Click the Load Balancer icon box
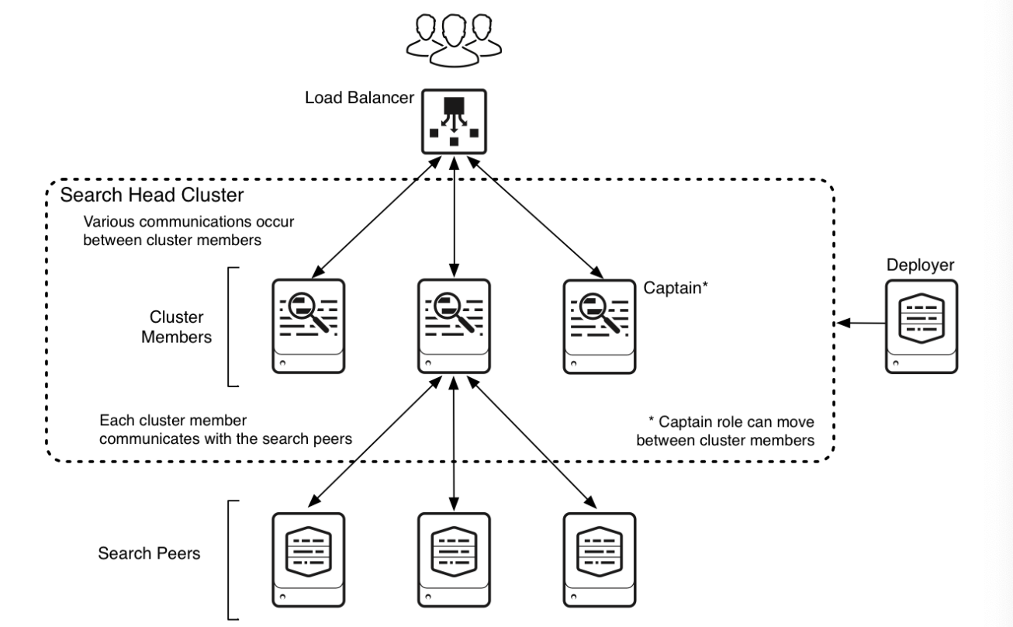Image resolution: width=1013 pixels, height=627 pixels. [x=454, y=122]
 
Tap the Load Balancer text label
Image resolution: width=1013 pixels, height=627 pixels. [x=359, y=98]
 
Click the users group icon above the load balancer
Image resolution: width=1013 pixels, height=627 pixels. [x=454, y=40]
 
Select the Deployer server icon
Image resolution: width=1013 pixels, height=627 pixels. [x=921, y=327]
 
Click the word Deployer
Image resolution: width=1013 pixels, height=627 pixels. [x=920, y=265]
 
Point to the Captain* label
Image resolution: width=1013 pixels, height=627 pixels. [x=676, y=288]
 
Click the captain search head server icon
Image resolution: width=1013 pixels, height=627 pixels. [x=600, y=327]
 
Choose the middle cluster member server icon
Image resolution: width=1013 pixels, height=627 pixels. [x=454, y=326]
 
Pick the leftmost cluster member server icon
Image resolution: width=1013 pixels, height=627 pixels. [x=309, y=326]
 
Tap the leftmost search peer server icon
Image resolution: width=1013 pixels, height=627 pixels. [x=309, y=559]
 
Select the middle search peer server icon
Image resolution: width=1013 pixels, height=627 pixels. [x=454, y=559]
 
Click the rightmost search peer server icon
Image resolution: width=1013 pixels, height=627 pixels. [x=600, y=559]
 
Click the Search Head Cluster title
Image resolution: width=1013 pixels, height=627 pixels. [x=152, y=195]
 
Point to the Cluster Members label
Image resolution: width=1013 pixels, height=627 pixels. [x=176, y=327]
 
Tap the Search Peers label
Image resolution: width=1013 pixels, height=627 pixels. [x=149, y=553]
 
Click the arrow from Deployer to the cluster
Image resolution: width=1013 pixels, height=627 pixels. [x=861, y=323]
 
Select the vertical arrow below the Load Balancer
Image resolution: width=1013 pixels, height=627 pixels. [x=454, y=217]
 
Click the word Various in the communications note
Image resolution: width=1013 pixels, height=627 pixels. [x=109, y=222]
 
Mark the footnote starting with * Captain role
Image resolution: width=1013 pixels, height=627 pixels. [x=725, y=431]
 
